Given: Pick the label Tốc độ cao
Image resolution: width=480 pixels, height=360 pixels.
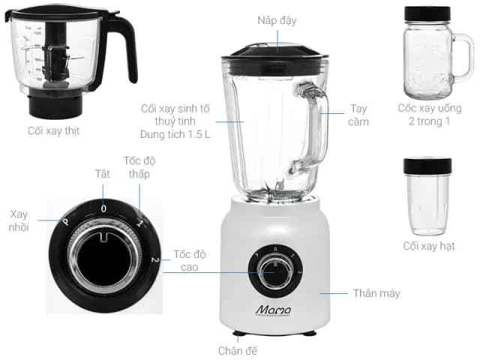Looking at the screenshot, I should pos(187,260).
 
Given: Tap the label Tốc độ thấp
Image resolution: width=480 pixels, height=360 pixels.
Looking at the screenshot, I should pos(139,167).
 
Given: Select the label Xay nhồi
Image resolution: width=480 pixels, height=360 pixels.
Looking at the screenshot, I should pos(19,220).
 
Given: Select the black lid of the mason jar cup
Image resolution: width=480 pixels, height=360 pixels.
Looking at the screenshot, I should pos(427,14).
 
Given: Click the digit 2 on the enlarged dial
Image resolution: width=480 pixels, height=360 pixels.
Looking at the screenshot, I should pos(154,259).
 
